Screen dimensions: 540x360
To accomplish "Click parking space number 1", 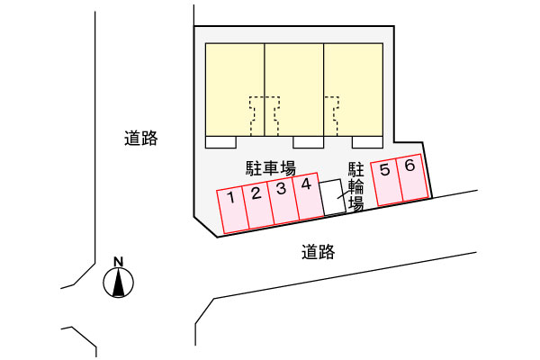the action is pyautogui.click(x=232, y=210).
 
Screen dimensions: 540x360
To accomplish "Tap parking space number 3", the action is pyautogui.click(x=283, y=202).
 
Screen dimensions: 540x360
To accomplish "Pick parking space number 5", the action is pyautogui.click(x=386, y=183).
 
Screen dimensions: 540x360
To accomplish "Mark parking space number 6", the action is pyautogui.click(x=412, y=178).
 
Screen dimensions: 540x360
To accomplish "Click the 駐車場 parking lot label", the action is pyautogui.click(x=271, y=168).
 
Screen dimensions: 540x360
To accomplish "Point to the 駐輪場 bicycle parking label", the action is pyautogui.click(x=356, y=186).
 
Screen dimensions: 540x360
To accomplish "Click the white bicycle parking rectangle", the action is pyautogui.click(x=333, y=197).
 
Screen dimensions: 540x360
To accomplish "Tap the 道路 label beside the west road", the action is pyautogui.click(x=141, y=138).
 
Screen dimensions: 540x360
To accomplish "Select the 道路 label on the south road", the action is pyautogui.click(x=319, y=252).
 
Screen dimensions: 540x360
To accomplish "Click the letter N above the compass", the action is pyautogui.click(x=119, y=262).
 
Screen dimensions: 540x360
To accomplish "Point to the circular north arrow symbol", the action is pyautogui.click(x=119, y=283).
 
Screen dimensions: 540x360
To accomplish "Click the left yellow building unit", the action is pyautogui.click(x=235, y=90).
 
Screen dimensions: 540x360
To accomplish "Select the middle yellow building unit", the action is pyautogui.click(x=293, y=90).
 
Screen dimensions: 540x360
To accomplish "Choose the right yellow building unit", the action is pyautogui.click(x=354, y=90).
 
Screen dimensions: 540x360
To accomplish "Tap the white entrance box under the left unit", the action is pyautogui.click(x=220, y=142).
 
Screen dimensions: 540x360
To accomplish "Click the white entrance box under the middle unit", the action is pyautogui.click(x=308, y=142).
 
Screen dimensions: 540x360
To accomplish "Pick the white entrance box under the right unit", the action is pyautogui.click(x=367, y=142).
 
